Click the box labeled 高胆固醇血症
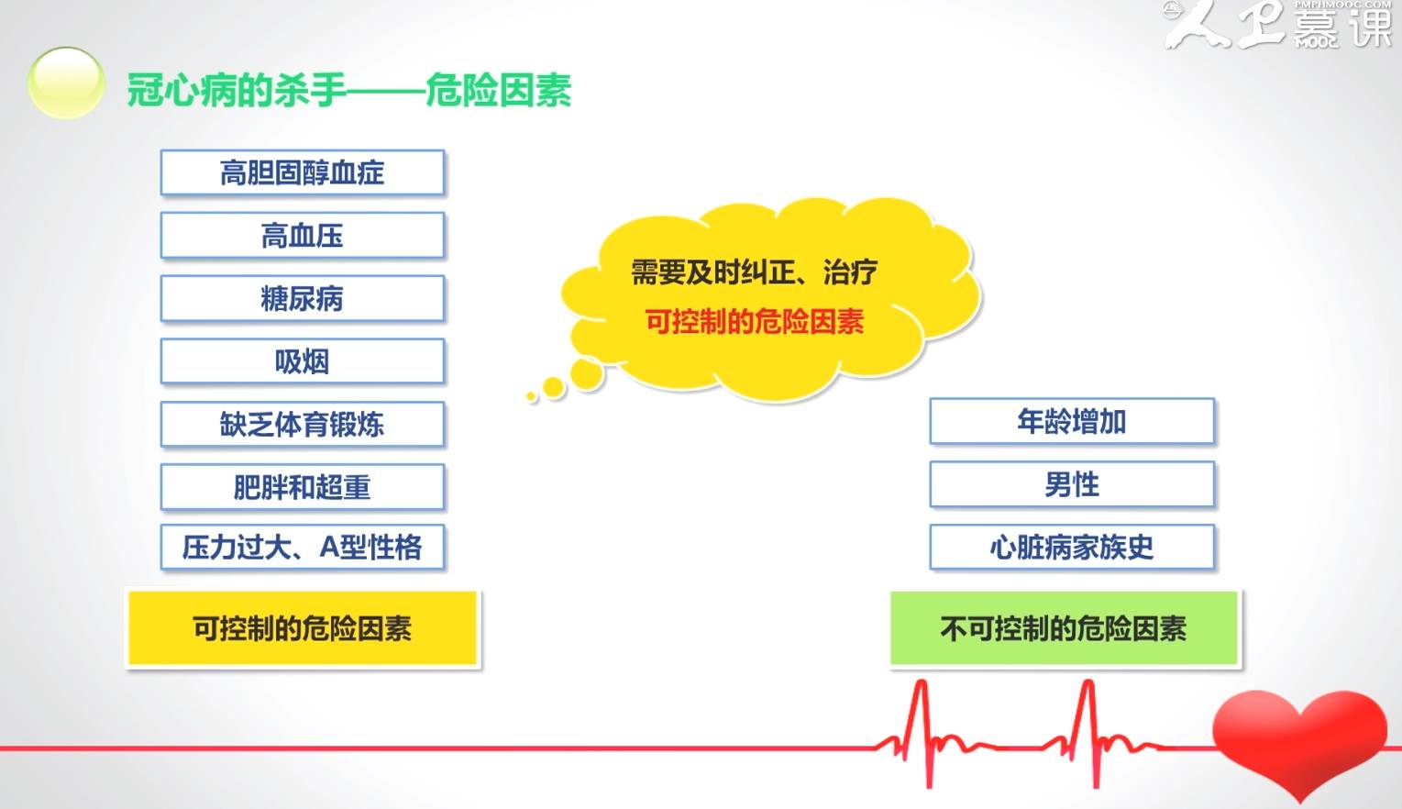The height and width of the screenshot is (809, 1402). click(x=302, y=172)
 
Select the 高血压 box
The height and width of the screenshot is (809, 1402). click(x=302, y=236)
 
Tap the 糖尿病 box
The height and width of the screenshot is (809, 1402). click(x=302, y=298)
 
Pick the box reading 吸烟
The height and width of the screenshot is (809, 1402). click(x=302, y=361)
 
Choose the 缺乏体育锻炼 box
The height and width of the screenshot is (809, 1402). click(x=302, y=424)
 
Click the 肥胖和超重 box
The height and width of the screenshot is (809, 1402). click(x=302, y=487)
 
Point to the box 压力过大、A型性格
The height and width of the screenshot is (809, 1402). click(x=302, y=548)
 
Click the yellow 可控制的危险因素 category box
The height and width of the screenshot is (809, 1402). click(x=302, y=628)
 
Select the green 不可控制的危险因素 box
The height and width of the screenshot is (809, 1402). click(x=1064, y=628)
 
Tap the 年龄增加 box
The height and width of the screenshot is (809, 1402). click(x=1071, y=421)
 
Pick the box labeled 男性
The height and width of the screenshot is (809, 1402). click(x=1071, y=484)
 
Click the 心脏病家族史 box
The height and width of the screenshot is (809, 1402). click(x=1071, y=548)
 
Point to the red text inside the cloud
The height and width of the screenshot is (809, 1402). click(x=754, y=322)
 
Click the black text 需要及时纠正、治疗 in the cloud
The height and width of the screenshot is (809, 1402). click(x=754, y=272)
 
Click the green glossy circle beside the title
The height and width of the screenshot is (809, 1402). click(x=66, y=83)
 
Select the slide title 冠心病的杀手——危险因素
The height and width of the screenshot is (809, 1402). click(x=348, y=91)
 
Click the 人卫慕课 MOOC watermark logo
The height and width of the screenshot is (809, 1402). click(x=1279, y=25)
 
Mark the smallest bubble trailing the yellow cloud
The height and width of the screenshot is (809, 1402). click(x=531, y=396)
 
